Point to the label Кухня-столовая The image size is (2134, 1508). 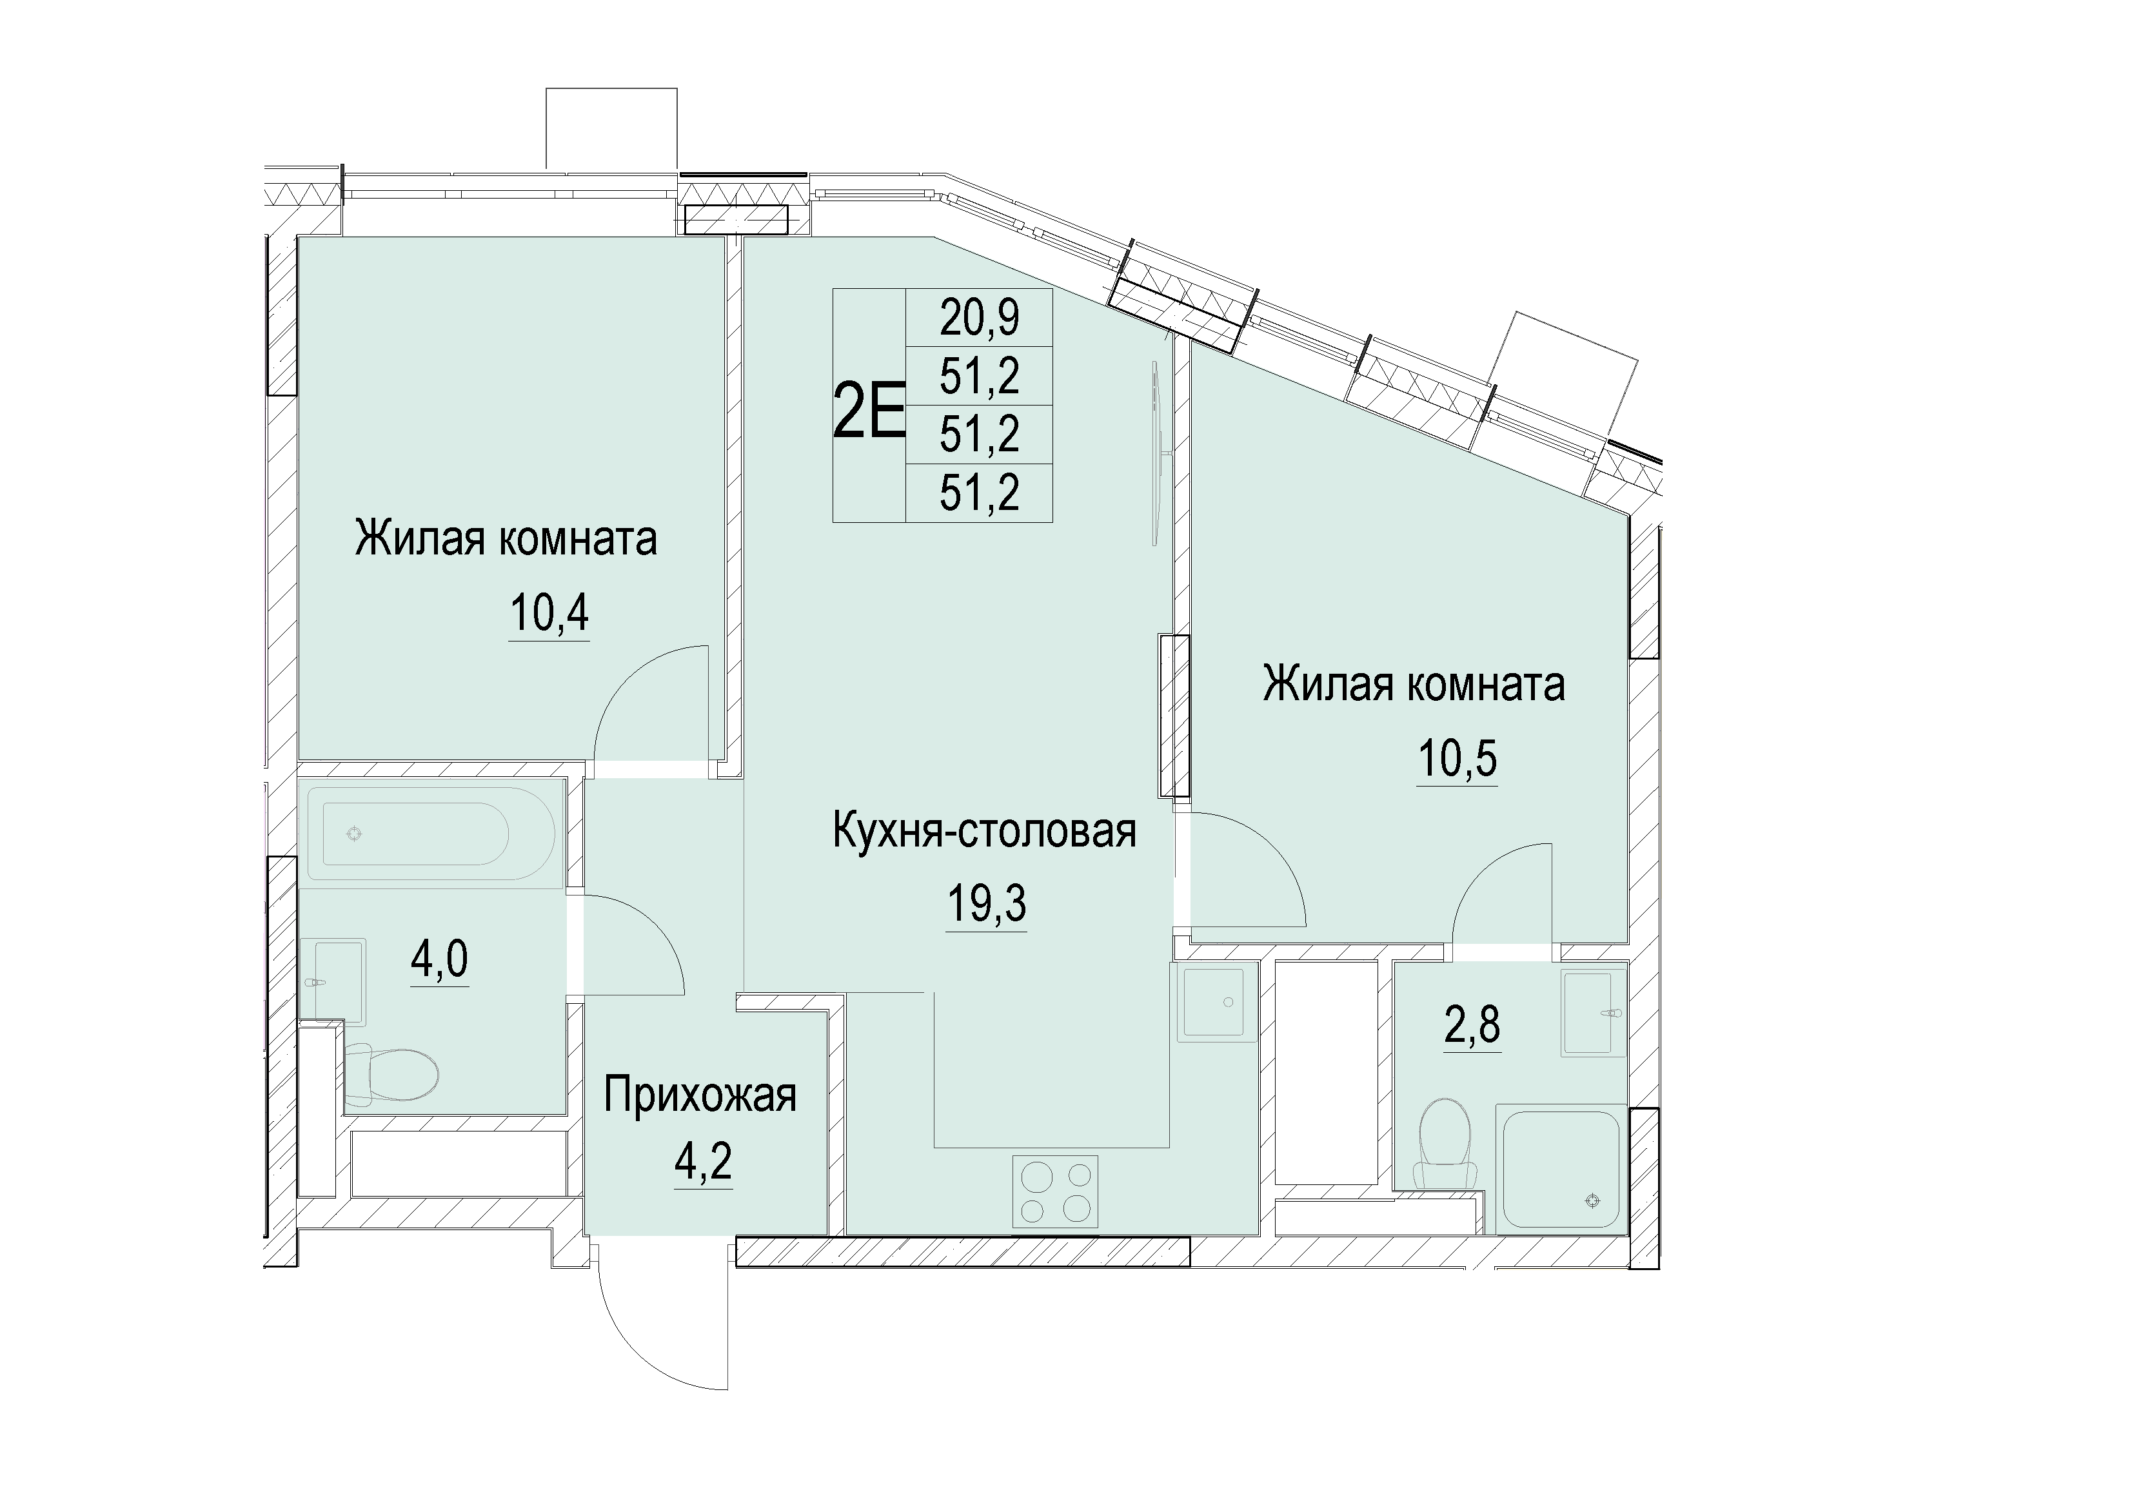[x=984, y=830]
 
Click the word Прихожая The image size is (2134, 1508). [x=700, y=1095]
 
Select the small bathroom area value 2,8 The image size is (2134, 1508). [x=1472, y=1026]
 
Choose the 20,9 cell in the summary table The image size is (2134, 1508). [x=980, y=318]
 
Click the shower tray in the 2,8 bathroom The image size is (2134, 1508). [x=1561, y=1169]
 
